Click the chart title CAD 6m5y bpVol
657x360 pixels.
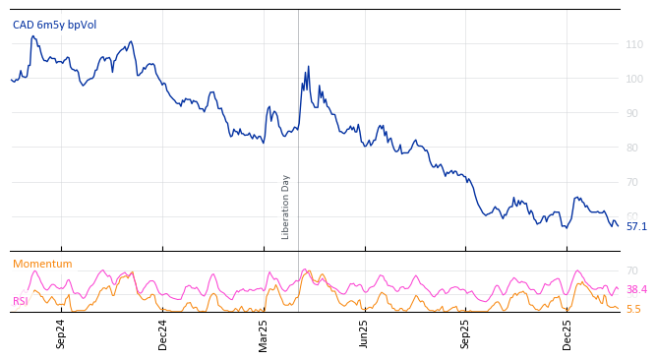click(x=54, y=25)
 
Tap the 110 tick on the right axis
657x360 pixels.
click(x=634, y=44)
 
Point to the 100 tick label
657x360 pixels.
click(x=634, y=79)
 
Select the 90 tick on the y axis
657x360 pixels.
click(x=634, y=113)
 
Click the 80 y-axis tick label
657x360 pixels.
click(x=634, y=148)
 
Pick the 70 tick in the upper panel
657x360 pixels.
click(x=634, y=182)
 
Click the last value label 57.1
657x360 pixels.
click(x=636, y=226)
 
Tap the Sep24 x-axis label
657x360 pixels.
click(x=61, y=333)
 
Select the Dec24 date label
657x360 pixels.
click(x=162, y=333)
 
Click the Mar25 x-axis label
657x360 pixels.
click(x=264, y=333)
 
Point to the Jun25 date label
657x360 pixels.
click(x=364, y=333)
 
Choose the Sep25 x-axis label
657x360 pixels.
click(x=465, y=333)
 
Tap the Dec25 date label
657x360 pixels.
click(x=567, y=333)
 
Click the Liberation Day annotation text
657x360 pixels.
click(x=286, y=207)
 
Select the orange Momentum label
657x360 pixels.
click(x=42, y=264)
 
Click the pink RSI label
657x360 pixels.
click(x=20, y=301)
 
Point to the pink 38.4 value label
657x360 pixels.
click(x=636, y=289)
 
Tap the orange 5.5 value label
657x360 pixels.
click(x=633, y=309)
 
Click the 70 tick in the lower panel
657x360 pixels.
click(x=632, y=270)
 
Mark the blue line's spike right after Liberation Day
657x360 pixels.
click(x=308, y=67)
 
